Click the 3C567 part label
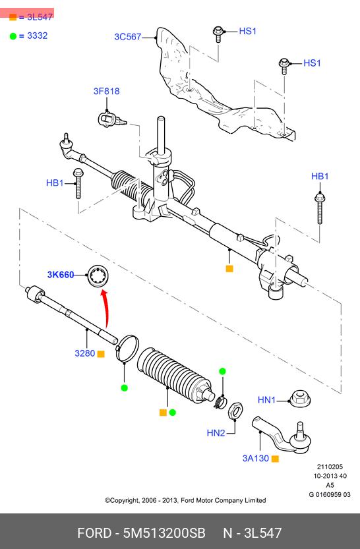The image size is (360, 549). tap(127, 37)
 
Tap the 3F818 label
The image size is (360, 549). tap(106, 91)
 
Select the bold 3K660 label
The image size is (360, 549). tap(61, 274)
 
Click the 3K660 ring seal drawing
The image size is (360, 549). tap(98, 276)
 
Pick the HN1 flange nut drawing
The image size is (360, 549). tap(300, 399)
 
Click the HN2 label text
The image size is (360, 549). tap(216, 433)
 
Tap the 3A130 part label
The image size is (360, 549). tap(256, 458)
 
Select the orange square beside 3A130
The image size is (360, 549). tap(275, 459)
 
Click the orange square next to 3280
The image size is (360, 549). tap(101, 354)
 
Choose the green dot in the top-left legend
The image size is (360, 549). tap(13, 36)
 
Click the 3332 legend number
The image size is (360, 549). tap(37, 36)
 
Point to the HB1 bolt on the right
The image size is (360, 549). tap(319, 209)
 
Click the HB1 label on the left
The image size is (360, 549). tap(55, 183)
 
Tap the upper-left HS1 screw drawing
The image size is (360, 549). tap(218, 34)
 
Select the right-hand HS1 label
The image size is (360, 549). tap(312, 63)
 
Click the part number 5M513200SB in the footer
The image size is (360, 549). tap(164, 533)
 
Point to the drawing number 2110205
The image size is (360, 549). tap(330, 467)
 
